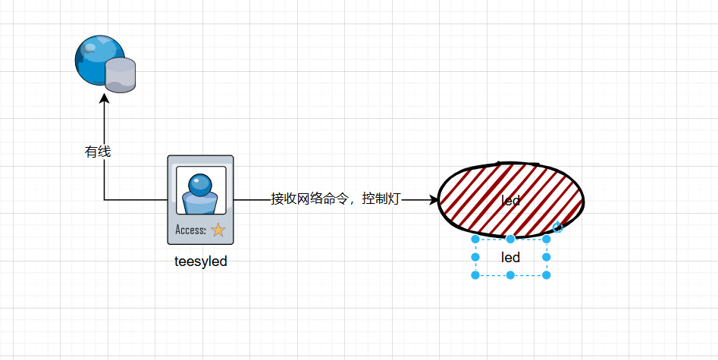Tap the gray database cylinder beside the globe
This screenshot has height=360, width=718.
tap(120, 75)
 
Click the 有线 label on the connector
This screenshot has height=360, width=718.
tap(98, 152)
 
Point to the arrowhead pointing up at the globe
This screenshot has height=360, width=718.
tap(104, 98)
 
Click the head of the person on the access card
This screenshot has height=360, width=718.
tap(200, 183)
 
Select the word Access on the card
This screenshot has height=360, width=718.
tap(190, 230)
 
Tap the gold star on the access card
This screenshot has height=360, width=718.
tap(218, 230)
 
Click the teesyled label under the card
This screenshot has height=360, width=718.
tap(201, 261)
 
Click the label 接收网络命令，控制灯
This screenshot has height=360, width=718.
tap(336, 199)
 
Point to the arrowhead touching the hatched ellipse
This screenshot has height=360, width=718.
tap(434, 200)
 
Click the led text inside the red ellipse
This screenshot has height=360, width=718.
tap(511, 201)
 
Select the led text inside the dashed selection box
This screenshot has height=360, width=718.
tap(511, 258)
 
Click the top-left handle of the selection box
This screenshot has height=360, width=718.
tap(475, 239)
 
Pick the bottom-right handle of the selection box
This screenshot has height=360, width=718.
tap(546, 274)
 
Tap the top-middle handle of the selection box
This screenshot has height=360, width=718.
tap(511, 239)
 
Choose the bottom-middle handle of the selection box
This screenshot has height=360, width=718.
tap(511, 274)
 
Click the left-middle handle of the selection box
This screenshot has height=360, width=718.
tap(475, 257)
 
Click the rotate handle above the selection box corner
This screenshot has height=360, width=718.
tap(557, 227)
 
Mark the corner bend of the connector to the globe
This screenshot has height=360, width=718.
tap(105, 200)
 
